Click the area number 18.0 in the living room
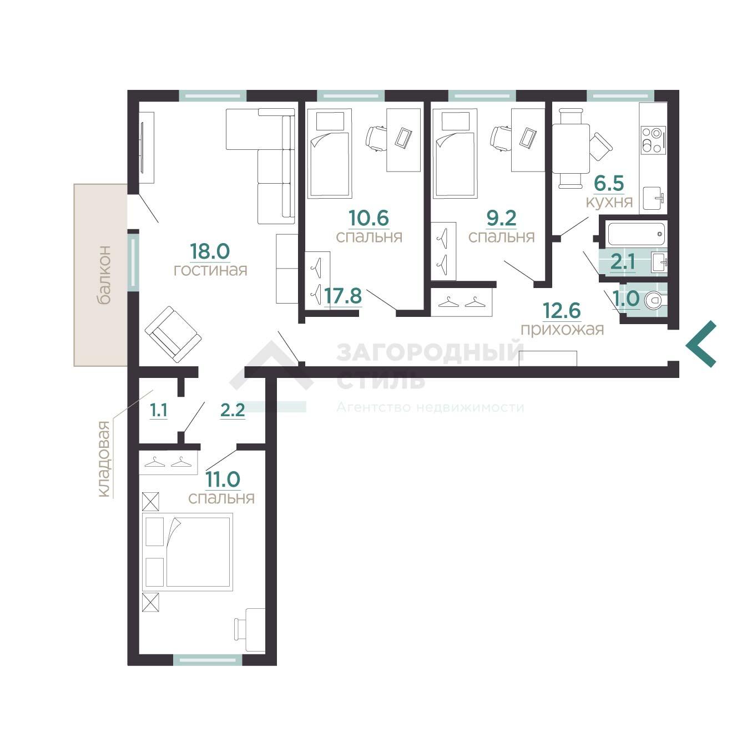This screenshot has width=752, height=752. (x=210, y=252)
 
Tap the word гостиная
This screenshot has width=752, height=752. (x=210, y=270)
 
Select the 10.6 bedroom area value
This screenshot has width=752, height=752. (x=369, y=218)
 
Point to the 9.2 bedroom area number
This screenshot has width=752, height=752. (x=502, y=218)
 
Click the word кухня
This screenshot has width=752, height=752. (x=609, y=202)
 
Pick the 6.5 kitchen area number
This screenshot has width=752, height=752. (x=609, y=183)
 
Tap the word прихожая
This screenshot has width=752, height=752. (x=562, y=329)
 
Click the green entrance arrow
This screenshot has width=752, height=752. (x=701, y=344)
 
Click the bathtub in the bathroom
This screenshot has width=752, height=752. (x=637, y=234)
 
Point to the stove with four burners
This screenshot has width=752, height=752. (x=653, y=140)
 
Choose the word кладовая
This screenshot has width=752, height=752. (x=103, y=459)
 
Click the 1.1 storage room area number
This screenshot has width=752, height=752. (x=159, y=410)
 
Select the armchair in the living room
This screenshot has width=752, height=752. (x=173, y=334)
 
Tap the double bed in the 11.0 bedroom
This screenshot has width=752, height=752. (x=188, y=552)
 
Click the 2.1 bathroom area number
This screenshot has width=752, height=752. (x=623, y=262)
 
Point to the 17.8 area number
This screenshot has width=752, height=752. (x=343, y=296)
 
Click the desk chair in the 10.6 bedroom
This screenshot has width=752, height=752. (x=376, y=138)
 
